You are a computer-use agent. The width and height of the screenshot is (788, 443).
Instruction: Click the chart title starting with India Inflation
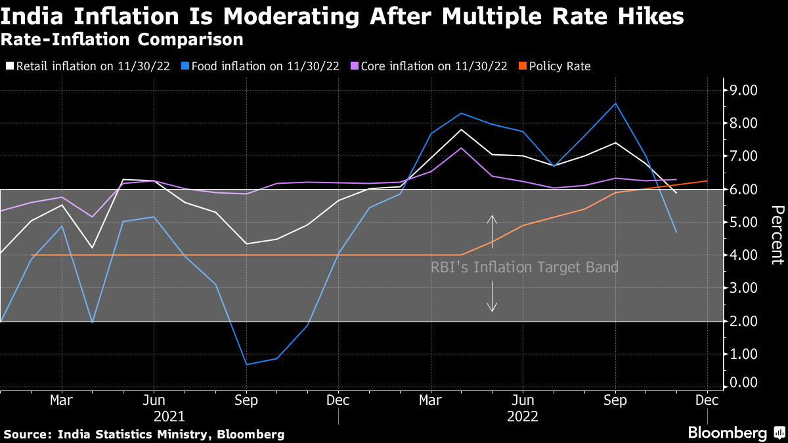(342, 16)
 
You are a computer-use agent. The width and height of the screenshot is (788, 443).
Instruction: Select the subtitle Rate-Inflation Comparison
(122, 40)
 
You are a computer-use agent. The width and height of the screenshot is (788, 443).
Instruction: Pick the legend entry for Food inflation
(262, 66)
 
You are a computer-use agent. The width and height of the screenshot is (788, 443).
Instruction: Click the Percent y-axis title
(776, 234)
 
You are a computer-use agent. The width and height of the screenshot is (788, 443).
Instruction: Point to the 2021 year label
(169, 416)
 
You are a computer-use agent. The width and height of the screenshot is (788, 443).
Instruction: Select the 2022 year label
(523, 416)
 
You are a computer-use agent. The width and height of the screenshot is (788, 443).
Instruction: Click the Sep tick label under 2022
(615, 400)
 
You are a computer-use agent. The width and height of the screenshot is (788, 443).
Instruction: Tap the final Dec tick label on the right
(707, 400)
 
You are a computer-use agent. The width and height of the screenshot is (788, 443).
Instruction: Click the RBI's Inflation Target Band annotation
(524, 268)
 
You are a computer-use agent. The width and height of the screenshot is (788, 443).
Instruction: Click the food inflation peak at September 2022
(615, 104)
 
